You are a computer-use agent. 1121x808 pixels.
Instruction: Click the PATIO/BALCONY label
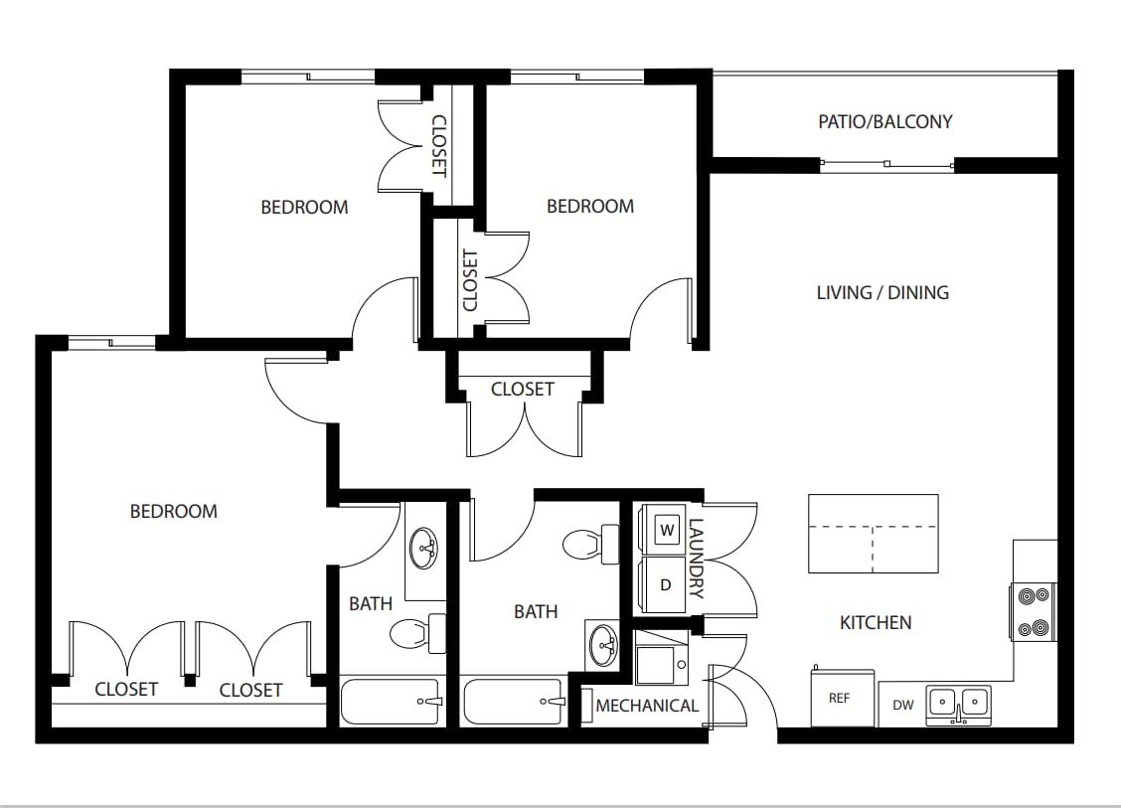point(885,121)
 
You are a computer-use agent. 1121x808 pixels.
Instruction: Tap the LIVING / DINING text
point(882,292)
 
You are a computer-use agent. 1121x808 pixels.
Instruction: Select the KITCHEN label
point(876,623)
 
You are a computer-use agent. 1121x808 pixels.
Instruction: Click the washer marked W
point(667,531)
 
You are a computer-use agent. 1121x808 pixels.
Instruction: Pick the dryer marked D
point(665,585)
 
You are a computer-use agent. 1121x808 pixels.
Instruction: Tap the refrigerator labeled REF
point(842,697)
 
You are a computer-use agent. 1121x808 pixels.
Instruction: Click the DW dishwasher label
point(903,705)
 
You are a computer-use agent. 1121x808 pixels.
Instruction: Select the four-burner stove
point(1034,612)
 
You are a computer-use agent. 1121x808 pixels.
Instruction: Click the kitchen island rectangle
point(873,534)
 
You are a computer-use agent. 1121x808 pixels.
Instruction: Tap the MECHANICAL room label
point(647,706)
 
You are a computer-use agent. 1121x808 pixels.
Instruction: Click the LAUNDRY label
point(696,559)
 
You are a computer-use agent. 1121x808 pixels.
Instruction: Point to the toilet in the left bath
point(417,633)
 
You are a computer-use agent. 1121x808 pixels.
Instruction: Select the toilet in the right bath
point(590,545)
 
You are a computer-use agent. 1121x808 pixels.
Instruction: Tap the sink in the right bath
point(602,644)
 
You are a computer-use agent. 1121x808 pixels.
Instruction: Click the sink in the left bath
point(424,549)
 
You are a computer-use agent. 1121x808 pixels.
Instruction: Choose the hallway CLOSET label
point(523,389)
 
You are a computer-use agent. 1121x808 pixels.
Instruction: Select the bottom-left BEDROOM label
point(174,511)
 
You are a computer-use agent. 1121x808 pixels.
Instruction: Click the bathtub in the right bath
point(514,702)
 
